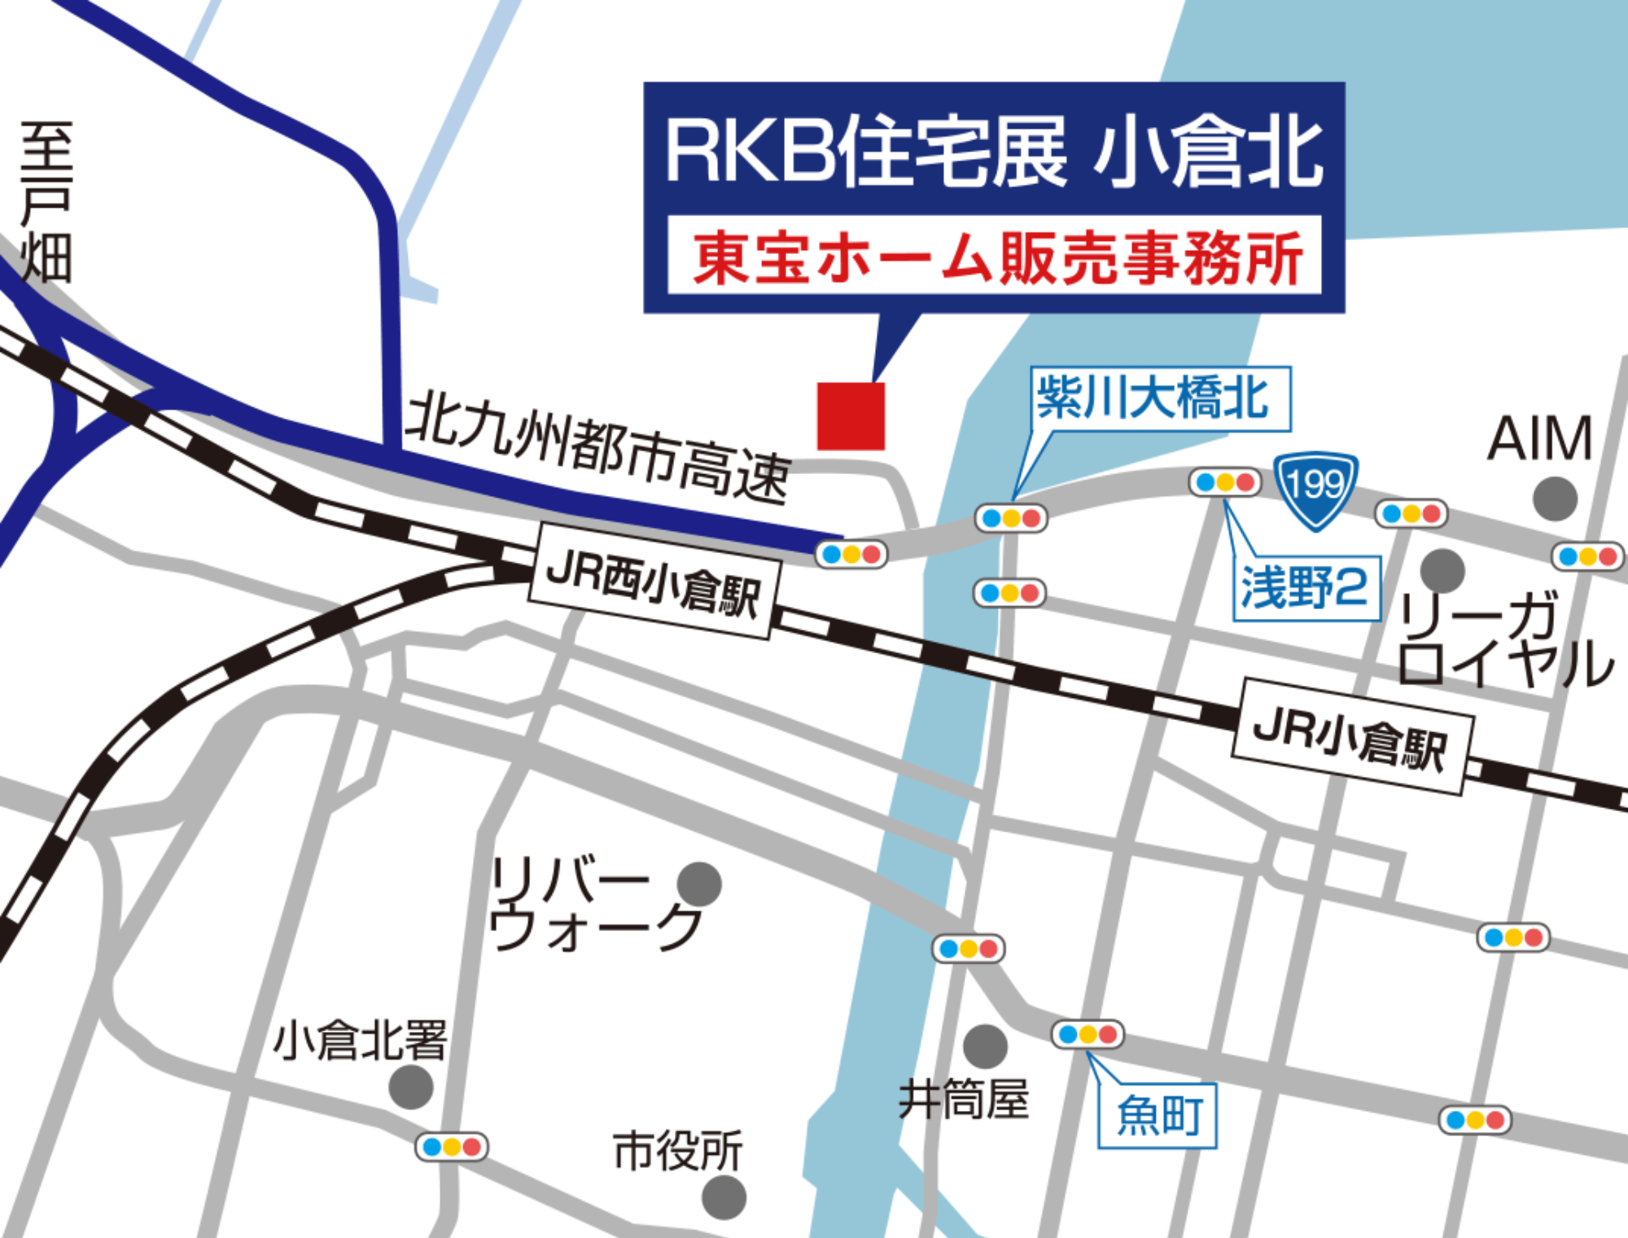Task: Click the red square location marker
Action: (x=851, y=415)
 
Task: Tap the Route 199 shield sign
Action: (x=1315, y=489)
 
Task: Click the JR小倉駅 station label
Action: (x=1352, y=736)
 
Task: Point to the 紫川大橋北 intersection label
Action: (x=1160, y=398)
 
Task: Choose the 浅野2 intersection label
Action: (x=1306, y=587)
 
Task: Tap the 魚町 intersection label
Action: (x=1157, y=1115)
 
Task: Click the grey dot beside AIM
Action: (x=1555, y=498)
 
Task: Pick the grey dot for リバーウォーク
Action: (x=699, y=884)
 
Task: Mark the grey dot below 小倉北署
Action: (x=411, y=1087)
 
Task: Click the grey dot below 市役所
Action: (x=724, y=1197)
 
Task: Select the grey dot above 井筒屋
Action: (x=985, y=1047)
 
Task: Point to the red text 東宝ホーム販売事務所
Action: (x=995, y=257)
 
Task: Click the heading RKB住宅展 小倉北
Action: (x=994, y=151)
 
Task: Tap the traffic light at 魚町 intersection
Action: (x=1088, y=1034)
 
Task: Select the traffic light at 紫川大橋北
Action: (x=1011, y=518)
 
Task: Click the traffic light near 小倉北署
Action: (x=452, y=1147)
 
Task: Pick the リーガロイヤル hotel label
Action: (x=1502, y=639)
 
